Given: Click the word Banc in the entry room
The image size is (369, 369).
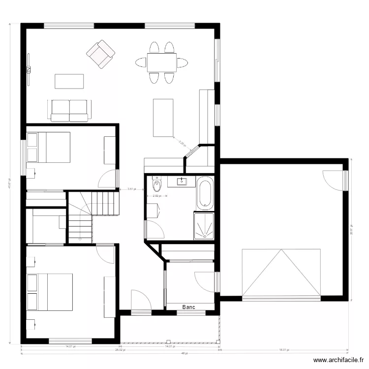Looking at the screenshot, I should point(188,307).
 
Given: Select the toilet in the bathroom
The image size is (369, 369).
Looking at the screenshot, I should point(157,185).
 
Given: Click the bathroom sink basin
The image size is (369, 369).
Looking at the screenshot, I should point(183,182).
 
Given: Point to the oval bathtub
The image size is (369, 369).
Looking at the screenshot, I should point(204,193).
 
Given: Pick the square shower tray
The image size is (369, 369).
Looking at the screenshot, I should point(204,226).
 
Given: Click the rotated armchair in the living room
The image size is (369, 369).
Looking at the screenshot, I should point(100,54).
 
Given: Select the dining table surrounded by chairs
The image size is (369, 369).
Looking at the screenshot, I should point(162,62).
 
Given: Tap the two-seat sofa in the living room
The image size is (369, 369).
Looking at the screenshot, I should point(69,111).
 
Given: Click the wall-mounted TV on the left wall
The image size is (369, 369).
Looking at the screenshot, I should point(29,69).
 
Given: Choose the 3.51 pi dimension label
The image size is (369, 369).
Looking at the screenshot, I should point(131,189).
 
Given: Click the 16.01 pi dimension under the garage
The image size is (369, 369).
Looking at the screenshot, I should point(284,350).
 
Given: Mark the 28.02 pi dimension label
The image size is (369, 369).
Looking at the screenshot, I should point(120,350).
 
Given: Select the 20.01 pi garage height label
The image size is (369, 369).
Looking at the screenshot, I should point(351,230).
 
